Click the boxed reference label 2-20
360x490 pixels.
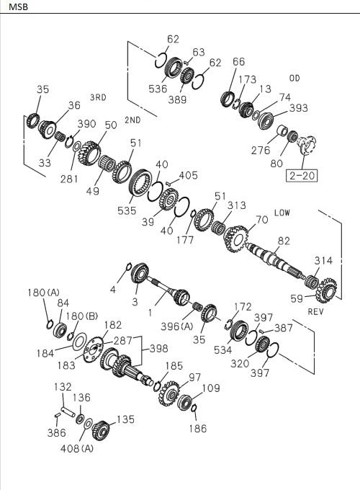(x=302, y=174)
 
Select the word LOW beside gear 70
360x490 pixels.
(x=283, y=213)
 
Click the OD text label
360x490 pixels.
(x=294, y=78)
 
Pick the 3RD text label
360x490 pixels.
(x=98, y=97)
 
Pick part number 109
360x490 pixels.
(x=210, y=389)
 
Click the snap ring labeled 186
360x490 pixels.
(x=194, y=411)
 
